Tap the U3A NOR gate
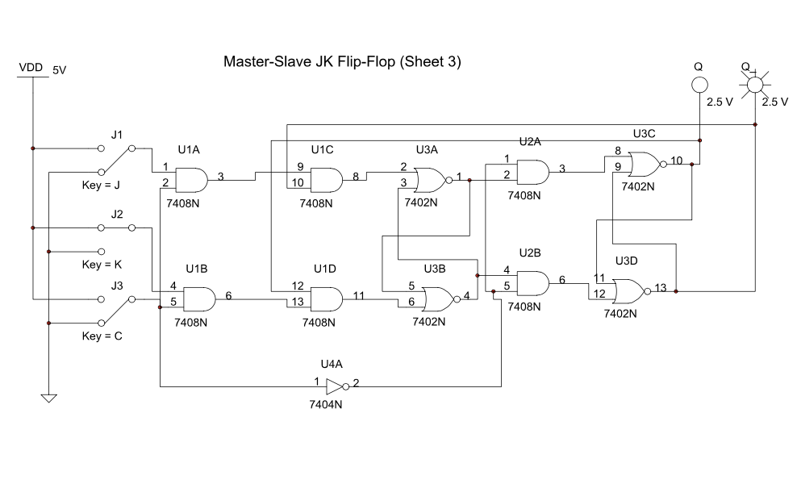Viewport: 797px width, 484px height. [x=430, y=178]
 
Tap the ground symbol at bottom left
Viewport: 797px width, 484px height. [x=48, y=397]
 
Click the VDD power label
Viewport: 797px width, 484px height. [x=31, y=69]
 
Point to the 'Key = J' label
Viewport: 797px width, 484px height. [x=102, y=185]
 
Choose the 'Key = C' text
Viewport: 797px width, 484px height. [x=102, y=336]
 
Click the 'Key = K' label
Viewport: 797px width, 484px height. [x=102, y=265]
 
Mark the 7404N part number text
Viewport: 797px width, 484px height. [x=328, y=403]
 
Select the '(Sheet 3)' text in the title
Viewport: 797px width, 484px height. [x=430, y=61]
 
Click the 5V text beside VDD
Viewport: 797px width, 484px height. [x=59, y=70]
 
